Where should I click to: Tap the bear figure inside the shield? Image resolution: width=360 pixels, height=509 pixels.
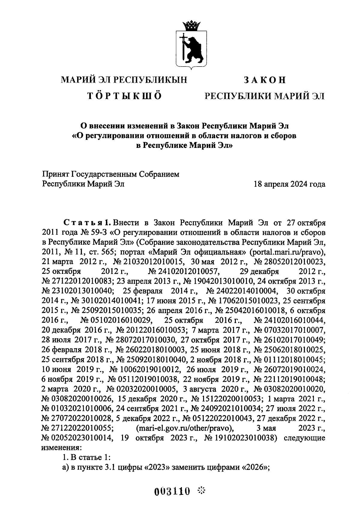pyautogui.click(x=193, y=48)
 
